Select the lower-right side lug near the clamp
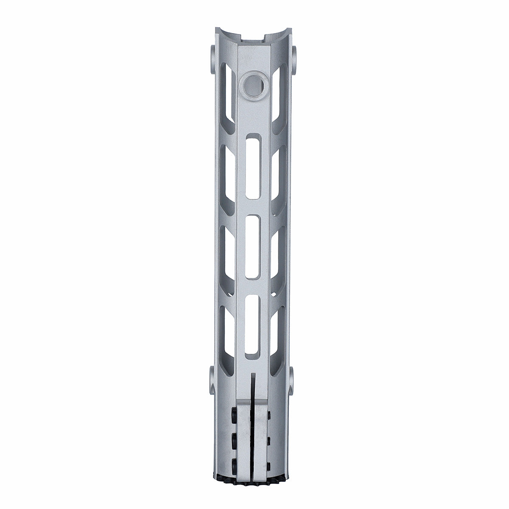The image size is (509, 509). click(x=294, y=378)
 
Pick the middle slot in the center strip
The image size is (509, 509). click(x=254, y=247)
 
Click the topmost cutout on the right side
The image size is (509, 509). click(x=279, y=100)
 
